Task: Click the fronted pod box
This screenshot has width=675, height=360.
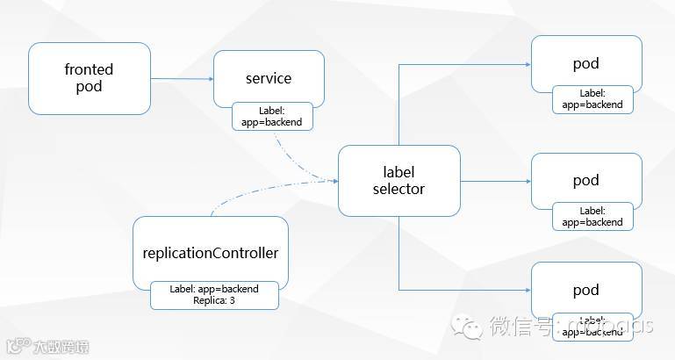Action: click(89, 78)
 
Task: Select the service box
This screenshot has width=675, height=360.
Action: click(269, 77)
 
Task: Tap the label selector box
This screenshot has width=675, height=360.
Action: click(399, 180)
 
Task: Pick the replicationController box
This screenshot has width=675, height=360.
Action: click(210, 253)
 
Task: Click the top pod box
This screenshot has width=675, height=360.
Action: click(585, 63)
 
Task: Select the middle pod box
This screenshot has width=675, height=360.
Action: click(585, 180)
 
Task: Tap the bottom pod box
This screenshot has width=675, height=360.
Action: click(585, 290)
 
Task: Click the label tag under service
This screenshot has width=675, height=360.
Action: click(272, 116)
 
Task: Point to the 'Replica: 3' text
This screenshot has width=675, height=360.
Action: click(214, 300)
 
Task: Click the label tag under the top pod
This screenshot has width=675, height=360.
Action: click(592, 98)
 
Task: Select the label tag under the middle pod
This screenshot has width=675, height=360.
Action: click(592, 216)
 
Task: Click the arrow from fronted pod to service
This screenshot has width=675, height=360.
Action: click(182, 79)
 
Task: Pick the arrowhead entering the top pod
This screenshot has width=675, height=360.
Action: click(527, 64)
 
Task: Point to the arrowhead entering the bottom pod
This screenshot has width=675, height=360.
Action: click(527, 290)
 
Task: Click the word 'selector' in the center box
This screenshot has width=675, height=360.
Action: click(399, 189)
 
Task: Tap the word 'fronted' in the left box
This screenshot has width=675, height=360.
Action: click(89, 69)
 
